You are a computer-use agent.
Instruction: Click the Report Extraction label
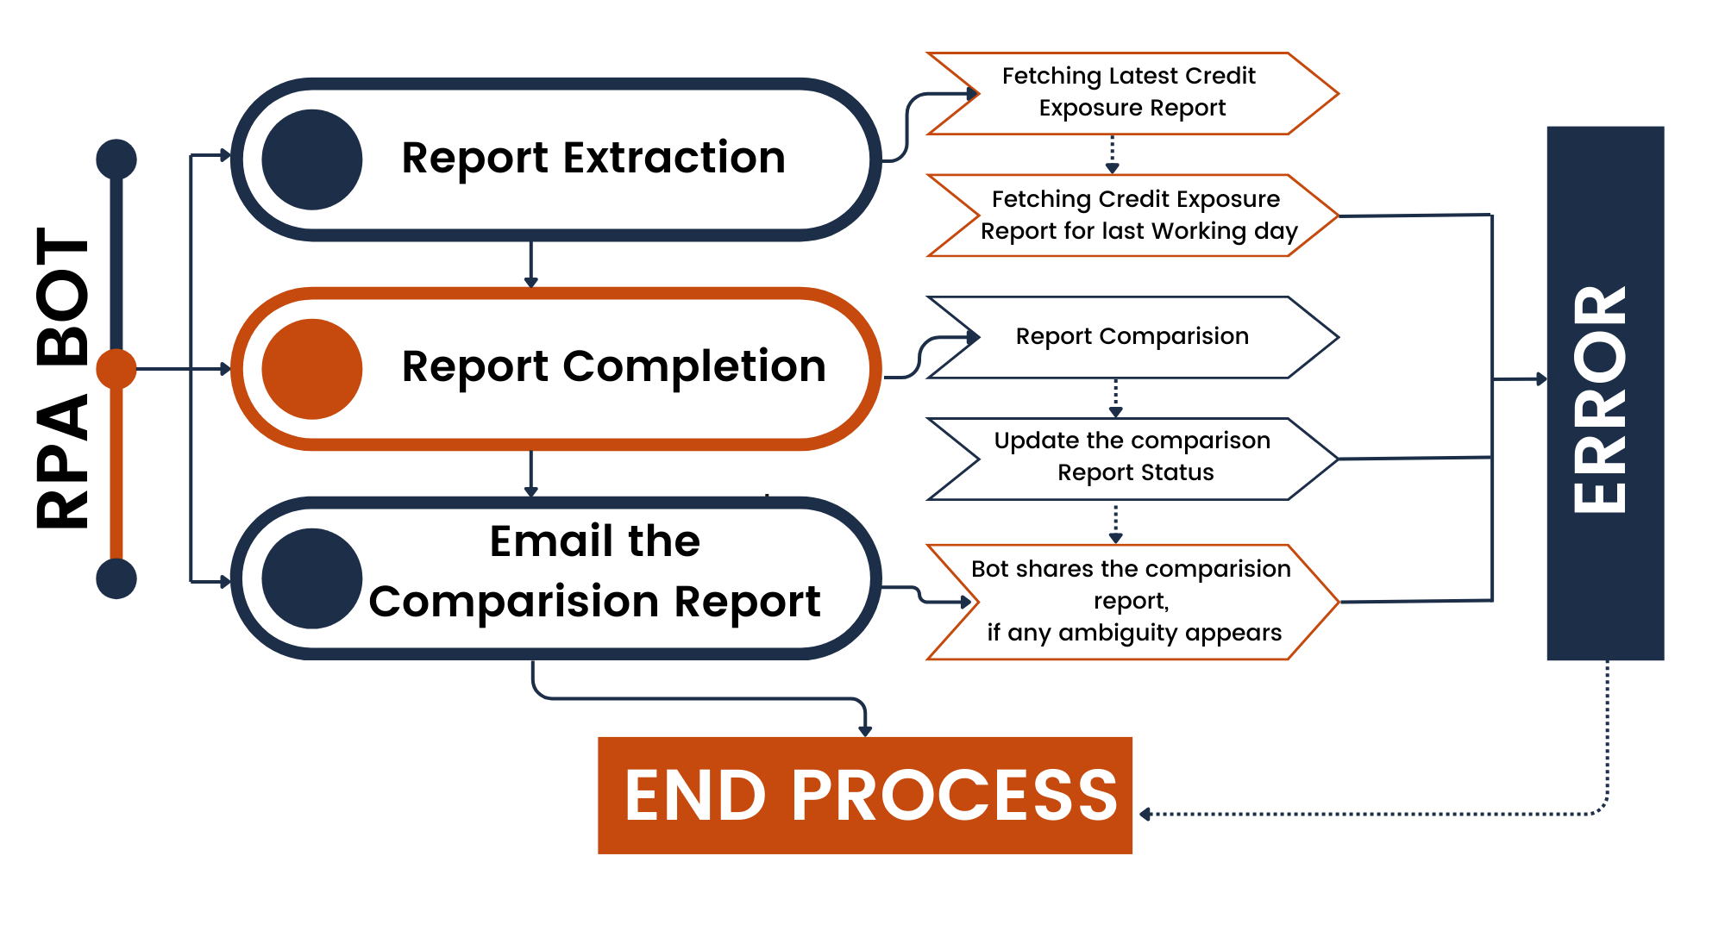tap(593, 158)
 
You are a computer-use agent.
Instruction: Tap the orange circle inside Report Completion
tap(311, 369)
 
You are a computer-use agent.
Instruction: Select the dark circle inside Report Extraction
tap(311, 159)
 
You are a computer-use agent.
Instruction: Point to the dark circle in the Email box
tap(311, 578)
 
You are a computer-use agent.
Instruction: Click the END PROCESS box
tap(865, 796)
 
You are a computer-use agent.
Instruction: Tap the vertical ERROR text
tap(1601, 400)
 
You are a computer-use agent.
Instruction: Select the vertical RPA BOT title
tap(62, 378)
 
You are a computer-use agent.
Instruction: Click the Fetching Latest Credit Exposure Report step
tap(1132, 93)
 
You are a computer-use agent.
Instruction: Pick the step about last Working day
tap(1132, 216)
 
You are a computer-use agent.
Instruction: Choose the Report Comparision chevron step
tap(1132, 337)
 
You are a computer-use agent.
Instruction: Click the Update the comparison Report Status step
tap(1132, 459)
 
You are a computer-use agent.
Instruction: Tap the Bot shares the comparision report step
tap(1132, 602)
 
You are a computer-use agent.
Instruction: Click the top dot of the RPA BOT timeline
tap(116, 159)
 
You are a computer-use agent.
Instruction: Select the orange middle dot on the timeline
tap(116, 369)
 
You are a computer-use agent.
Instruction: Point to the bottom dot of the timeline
tap(116, 578)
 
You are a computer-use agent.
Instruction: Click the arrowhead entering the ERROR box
tap(1542, 379)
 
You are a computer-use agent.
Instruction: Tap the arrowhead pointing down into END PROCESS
tap(865, 732)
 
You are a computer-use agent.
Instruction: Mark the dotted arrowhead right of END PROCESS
tap(1145, 814)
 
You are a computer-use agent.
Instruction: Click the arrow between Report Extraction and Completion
tap(531, 263)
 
